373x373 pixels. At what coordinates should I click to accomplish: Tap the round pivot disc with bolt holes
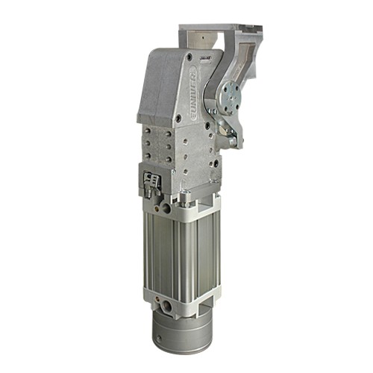[x=231, y=96]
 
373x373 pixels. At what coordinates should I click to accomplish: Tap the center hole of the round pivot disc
[x=231, y=96]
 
